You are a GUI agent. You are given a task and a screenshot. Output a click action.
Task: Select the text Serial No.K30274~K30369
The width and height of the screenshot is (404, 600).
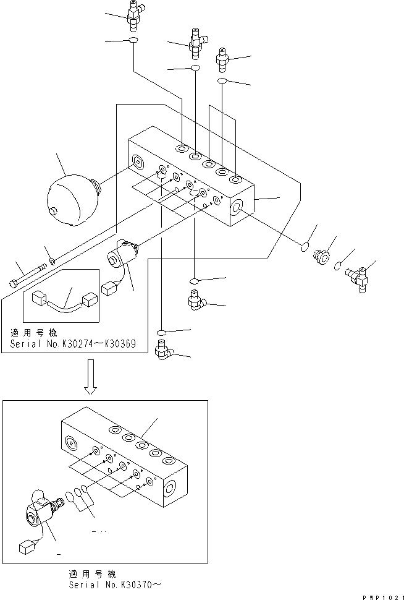coord(72,345)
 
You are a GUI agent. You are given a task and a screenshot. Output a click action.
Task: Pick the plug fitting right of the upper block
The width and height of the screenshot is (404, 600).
coord(322,255)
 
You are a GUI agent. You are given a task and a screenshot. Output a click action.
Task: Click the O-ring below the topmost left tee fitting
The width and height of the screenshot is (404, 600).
coord(132,41)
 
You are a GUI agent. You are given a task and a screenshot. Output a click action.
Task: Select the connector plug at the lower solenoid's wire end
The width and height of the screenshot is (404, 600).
coord(27,547)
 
